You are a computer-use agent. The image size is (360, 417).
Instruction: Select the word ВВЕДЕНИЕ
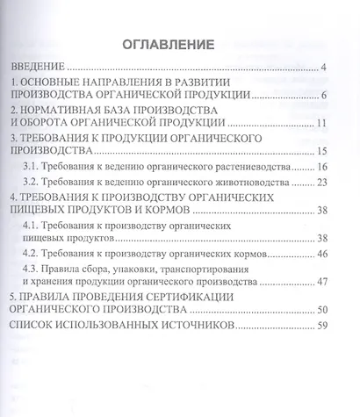coord(39,67)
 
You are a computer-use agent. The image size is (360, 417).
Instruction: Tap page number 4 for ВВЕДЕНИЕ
coord(324,68)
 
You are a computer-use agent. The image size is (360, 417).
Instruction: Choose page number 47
coord(321,282)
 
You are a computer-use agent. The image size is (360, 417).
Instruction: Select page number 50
coord(321,310)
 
